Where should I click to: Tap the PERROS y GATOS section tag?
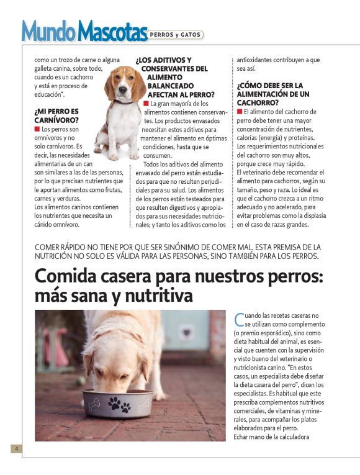pyautogui.click(x=175, y=35)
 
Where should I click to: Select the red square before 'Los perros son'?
pyautogui.click(x=37, y=129)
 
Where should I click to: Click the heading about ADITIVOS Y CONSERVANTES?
pyautogui.click(x=174, y=78)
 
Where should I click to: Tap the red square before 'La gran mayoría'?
pyautogui.click(x=146, y=103)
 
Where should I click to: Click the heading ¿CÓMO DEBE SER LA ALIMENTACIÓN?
pyautogui.click(x=273, y=94)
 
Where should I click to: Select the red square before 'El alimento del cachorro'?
pyautogui.click(x=240, y=111)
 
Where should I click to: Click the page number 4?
pyautogui.click(x=16, y=448)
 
